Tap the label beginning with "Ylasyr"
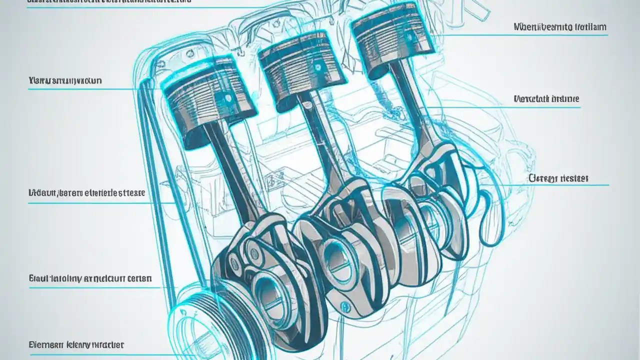(x=65, y=80)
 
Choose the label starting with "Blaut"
(x=90, y=278)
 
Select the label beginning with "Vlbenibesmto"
(x=560, y=27)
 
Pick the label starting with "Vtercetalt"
(x=546, y=99)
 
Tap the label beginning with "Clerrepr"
(x=558, y=178)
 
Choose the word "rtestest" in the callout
(x=574, y=178)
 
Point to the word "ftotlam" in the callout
(x=590, y=27)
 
